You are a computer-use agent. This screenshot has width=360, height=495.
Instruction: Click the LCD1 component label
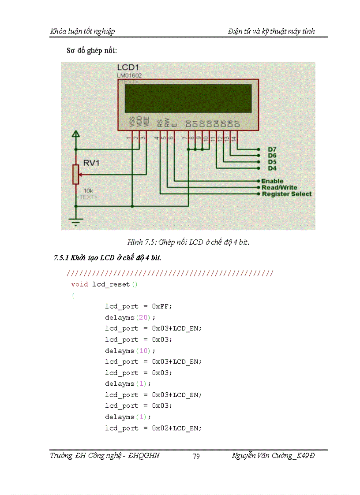pos(129,67)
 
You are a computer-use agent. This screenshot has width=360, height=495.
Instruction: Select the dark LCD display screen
pos(188,98)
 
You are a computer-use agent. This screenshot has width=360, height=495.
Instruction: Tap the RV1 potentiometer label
pos(91,164)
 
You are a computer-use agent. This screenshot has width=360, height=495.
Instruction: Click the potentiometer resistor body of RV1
pos(76,174)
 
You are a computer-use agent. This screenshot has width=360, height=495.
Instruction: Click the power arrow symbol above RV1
pos(76,134)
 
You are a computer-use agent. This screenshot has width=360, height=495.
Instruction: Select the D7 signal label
pos(272,149)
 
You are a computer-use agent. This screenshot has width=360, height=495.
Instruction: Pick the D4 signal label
pos(272,168)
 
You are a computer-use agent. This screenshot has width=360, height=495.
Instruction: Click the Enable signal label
pos(272,181)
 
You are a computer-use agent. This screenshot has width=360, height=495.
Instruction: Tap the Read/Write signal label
pos(279,187)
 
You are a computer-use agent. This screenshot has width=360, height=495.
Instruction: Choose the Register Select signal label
pos(286,194)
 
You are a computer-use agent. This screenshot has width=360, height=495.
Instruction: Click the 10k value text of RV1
pos(88,191)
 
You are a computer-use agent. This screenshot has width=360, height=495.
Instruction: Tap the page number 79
pos(196,456)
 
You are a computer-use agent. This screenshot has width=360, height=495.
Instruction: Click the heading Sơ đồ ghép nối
pos(91,51)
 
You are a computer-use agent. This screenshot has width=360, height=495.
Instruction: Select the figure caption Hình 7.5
pos(188,242)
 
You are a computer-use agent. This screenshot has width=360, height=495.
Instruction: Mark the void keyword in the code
pos(79,284)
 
